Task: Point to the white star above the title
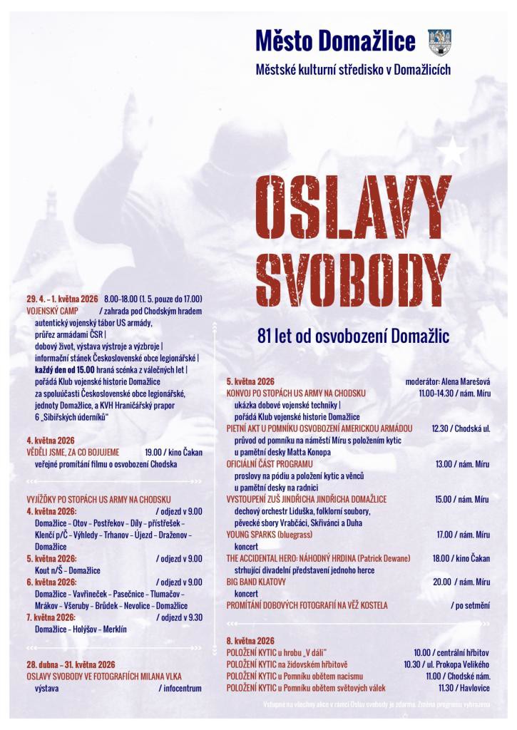click(x=453, y=150)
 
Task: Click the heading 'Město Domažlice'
click(x=335, y=42)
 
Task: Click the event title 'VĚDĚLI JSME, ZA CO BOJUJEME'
click(x=73, y=452)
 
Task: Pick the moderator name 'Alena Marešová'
click(x=464, y=381)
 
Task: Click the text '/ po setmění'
click(x=471, y=605)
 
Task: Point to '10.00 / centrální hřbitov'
click(x=451, y=652)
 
